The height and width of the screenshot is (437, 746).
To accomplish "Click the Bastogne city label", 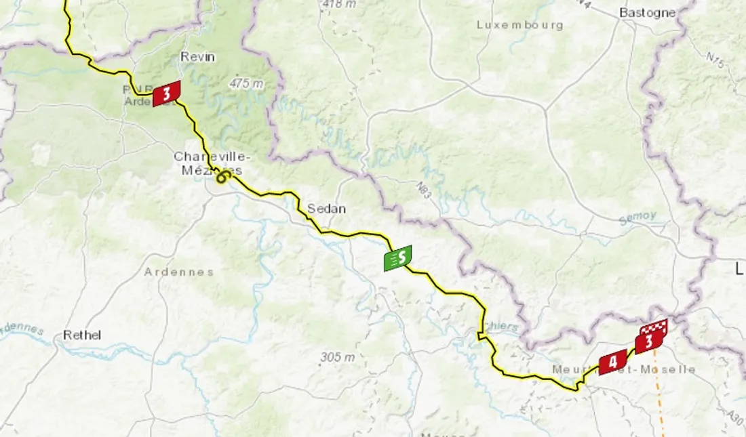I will (x=648, y=12).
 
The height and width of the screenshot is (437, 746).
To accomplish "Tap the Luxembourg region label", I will (x=519, y=25).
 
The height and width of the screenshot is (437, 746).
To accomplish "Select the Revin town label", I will (x=197, y=57).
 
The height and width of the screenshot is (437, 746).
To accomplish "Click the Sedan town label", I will (x=326, y=209).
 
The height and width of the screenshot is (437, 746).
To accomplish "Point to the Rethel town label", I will (x=82, y=335).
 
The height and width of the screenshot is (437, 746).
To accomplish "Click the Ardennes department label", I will (x=178, y=272).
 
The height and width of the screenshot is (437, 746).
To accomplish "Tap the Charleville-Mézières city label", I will (x=208, y=163).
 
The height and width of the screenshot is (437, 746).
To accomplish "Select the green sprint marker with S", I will (x=397, y=257).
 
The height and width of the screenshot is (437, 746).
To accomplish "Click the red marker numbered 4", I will (x=612, y=361).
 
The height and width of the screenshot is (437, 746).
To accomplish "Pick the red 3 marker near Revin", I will (x=167, y=93).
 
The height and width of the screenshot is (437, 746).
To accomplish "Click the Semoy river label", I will (x=637, y=217).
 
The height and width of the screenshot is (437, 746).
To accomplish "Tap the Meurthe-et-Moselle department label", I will (x=624, y=369).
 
